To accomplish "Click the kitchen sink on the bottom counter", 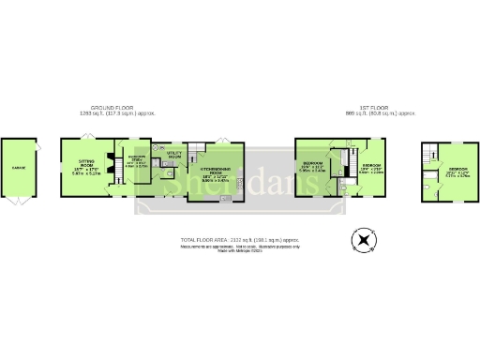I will pyautogui.click(x=226, y=197).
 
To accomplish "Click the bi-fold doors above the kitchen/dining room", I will pyautogui.click(x=221, y=140).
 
